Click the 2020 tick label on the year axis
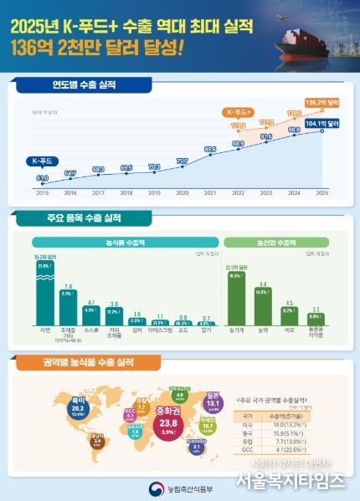pos(182,192)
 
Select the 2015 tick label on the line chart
pos(41,192)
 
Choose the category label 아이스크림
pos(158,331)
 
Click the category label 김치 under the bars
pos(136,331)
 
